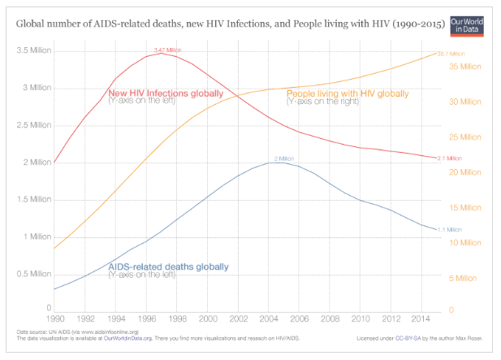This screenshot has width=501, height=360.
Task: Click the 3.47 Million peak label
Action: [168, 50]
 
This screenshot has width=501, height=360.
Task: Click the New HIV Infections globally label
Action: [166, 93]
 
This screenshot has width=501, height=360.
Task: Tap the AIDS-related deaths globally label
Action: [168, 267]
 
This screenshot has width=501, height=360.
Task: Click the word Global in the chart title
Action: [32, 24]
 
